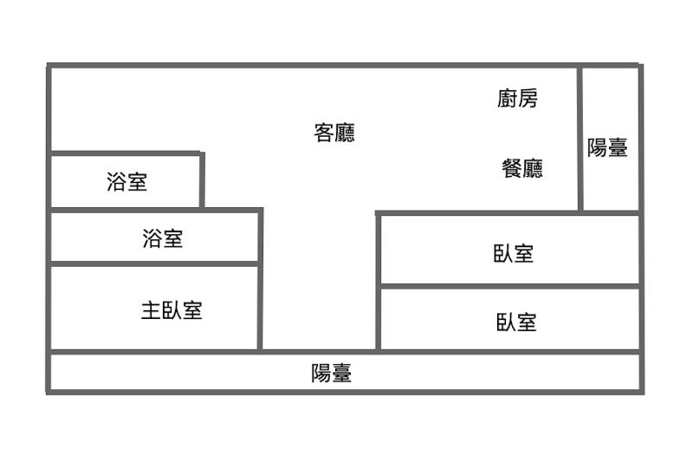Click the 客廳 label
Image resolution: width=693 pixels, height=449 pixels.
(334, 133)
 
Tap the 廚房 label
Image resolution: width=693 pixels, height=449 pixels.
(517, 99)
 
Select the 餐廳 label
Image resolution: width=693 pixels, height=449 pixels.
(522, 167)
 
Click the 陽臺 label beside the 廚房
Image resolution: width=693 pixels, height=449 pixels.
(607, 147)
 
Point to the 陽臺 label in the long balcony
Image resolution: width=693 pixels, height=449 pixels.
(332, 374)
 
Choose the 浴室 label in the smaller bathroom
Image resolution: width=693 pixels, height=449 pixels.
(126, 182)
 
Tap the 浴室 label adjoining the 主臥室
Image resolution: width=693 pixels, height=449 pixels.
(162, 238)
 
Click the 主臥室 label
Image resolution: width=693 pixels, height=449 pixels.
(172, 309)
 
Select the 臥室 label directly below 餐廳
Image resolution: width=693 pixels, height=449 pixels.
(514, 253)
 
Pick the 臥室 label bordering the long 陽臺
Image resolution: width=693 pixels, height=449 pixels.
(516, 322)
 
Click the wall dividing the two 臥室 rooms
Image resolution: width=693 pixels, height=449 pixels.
(509, 286)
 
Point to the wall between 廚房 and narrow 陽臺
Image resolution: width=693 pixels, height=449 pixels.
(580, 139)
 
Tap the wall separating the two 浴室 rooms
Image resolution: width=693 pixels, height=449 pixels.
(126, 209)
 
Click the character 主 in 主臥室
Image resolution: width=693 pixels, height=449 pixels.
(150, 309)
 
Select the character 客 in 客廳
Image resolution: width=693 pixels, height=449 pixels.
(323, 133)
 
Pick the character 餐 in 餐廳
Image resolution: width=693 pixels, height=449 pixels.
(511, 167)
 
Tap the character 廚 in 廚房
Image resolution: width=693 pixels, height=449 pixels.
(507, 99)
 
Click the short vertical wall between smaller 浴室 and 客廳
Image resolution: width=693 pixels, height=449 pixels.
(202, 180)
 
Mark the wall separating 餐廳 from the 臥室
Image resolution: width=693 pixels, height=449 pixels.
(476, 212)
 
